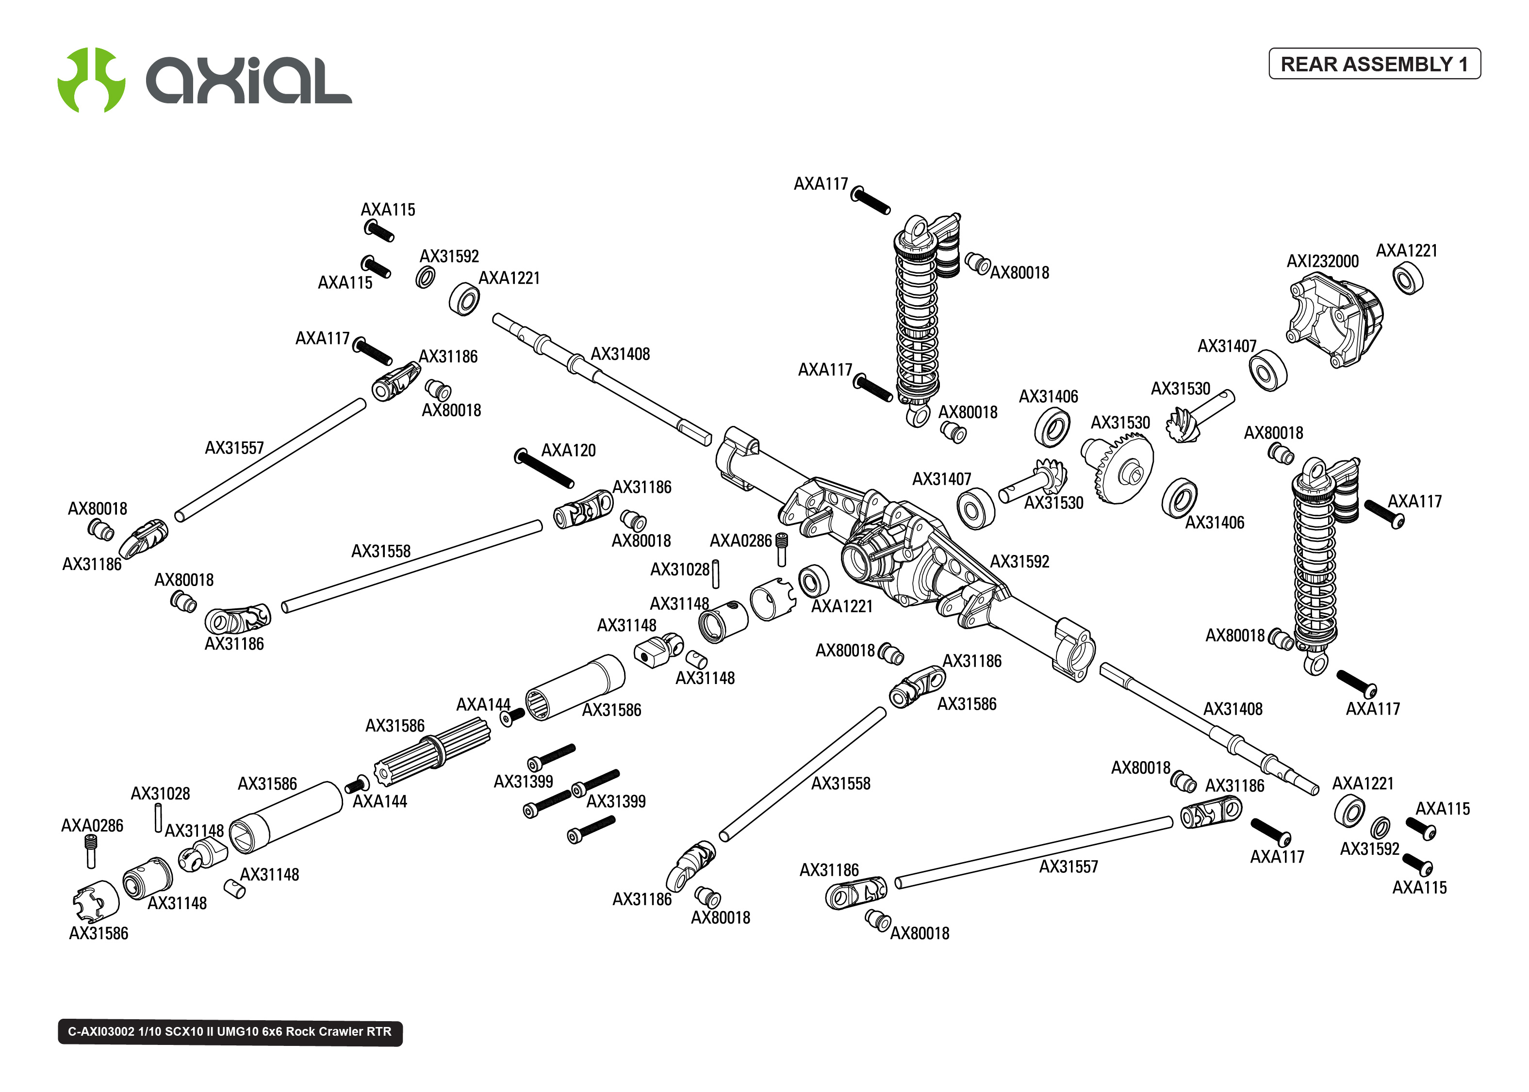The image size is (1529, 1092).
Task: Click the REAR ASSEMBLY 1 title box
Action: [1374, 64]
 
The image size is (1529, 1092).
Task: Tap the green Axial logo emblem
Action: [91, 80]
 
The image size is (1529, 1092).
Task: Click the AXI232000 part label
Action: [1322, 261]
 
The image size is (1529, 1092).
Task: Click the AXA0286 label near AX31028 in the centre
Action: [740, 540]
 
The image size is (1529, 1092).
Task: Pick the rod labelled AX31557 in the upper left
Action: [270, 460]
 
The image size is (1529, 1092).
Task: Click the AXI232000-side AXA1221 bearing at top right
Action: [1407, 278]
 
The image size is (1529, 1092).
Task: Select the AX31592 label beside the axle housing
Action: [1019, 561]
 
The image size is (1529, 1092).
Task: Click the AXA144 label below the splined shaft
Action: [380, 801]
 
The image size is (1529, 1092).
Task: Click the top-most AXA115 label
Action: [388, 210]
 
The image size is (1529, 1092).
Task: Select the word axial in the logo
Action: [249, 81]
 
